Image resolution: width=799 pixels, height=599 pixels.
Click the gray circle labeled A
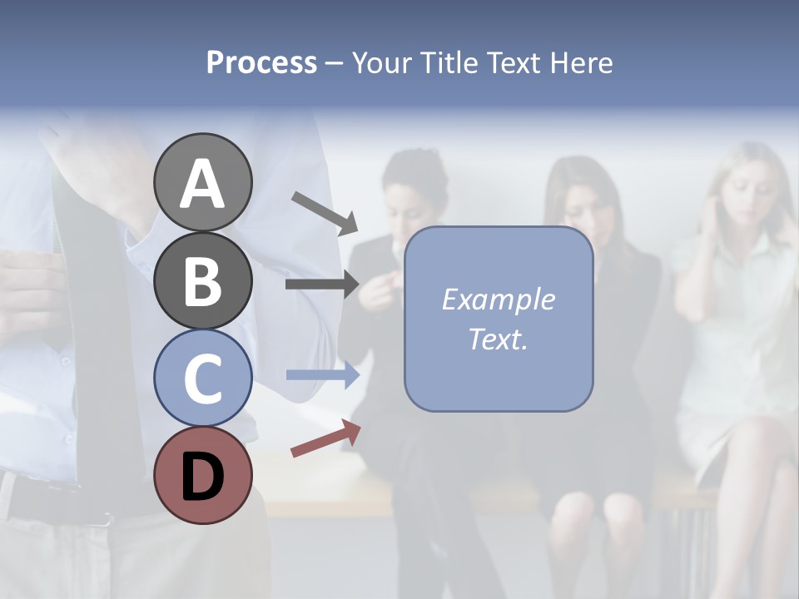pos(202,182)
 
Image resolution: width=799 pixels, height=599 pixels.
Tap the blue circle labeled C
pos(202,378)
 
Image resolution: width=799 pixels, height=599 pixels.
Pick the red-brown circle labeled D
pos(202,476)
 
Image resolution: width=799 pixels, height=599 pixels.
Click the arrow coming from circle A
pos(325,213)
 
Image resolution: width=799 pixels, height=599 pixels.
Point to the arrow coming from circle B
pos(322,285)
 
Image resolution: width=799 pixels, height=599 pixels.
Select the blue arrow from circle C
pos(323,375)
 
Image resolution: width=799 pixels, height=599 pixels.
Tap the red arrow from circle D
pos(325,438)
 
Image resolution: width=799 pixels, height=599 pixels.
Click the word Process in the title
pos(261,62)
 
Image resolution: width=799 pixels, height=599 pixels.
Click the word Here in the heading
pos(582,62)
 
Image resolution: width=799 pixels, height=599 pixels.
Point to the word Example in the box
pos(498,299)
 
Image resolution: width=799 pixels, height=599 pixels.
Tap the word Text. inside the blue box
pos(498,339)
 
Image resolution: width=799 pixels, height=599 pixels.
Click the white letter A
pos(202,184)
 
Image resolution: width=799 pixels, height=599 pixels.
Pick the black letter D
pos(202,477)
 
